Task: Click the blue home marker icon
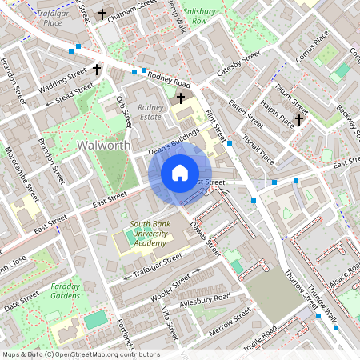click(180, 173)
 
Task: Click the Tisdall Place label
click(257, 148)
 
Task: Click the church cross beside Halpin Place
click(298, 120)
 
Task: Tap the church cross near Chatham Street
click(102, 14)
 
